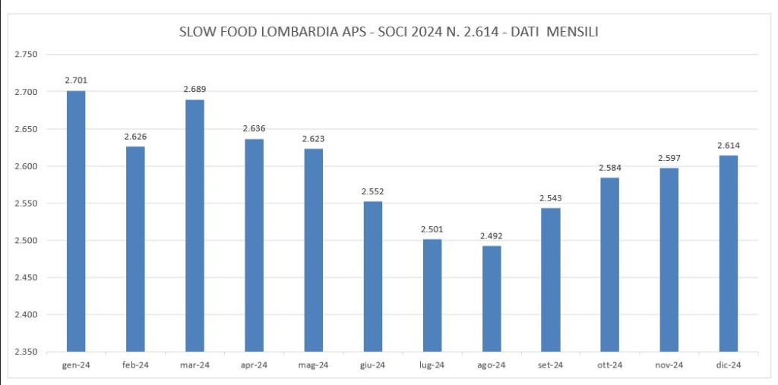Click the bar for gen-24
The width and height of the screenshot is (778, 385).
76,221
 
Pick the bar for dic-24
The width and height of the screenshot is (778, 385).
728,254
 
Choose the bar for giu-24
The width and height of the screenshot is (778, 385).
372,276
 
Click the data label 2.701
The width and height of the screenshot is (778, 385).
76,80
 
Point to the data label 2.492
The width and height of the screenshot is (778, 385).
491,236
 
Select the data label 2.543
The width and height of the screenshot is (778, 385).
550,198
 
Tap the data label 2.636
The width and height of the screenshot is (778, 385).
254,129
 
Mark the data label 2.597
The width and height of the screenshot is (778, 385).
669,158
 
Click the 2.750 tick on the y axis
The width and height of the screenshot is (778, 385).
26,55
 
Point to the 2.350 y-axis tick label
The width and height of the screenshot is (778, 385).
26,352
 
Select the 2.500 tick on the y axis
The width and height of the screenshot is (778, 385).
26,241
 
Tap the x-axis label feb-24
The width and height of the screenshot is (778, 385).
135,365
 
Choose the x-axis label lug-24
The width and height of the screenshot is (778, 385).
432,365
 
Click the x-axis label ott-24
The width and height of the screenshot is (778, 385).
609,365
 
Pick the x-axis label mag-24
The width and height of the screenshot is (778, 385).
313,365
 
